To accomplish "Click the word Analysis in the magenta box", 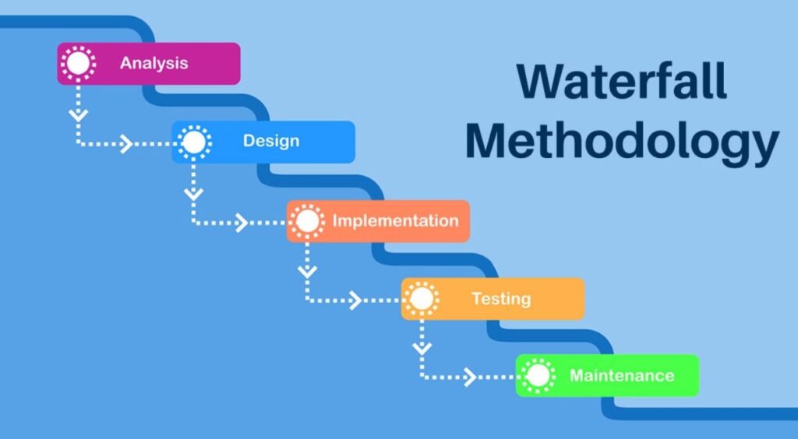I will pos(154,63).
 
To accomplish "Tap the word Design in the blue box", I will pos(270,141).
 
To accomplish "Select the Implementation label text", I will pos(395,220).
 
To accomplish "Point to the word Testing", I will pos(501,298).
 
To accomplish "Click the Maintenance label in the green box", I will pos(621,375).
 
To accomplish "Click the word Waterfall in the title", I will pos(622,82).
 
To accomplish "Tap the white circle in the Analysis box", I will pos(78,63).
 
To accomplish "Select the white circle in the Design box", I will pos(193,142).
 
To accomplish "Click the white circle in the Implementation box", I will pos(308,221).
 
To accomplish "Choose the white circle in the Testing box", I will pos(422,298).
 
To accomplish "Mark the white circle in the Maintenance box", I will pos(537,376).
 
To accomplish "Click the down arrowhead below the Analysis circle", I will pos(78,114).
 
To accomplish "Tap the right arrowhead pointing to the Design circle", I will pos(125,144).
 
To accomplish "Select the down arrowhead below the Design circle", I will pos(193,192).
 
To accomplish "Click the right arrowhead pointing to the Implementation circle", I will pos(241,223).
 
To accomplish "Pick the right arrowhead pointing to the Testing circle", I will pos(355,300).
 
